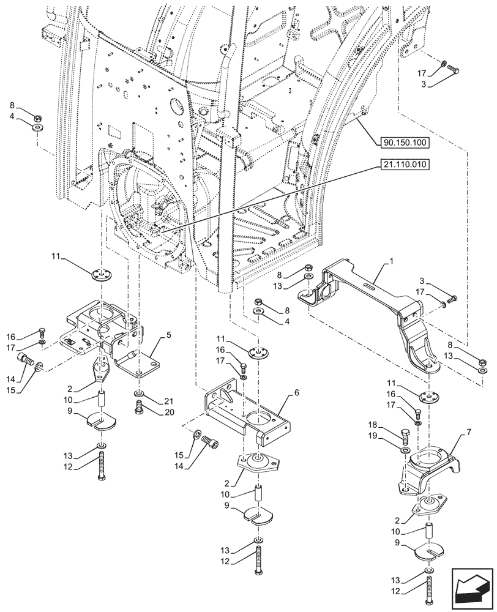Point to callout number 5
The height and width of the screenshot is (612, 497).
pyautogui.click(x=169, y=335)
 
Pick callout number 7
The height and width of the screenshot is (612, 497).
pyautogui.click(x=468, y=432)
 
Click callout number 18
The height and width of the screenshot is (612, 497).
pyautogui.click(x=373, y=425)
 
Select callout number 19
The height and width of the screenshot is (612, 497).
pyautogui.click(x=373, y=436)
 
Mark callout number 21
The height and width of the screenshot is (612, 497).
pyautogui.click(x=169, y=401)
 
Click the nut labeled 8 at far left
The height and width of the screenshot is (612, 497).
pyautogui.click(x=39, y=118)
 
